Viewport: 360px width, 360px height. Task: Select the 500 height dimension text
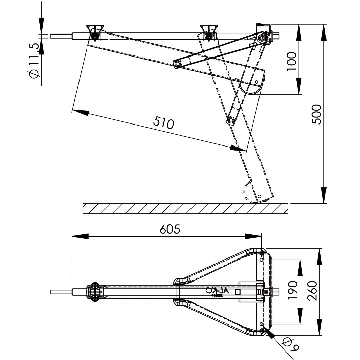pyautogui.click(x=317, y=114)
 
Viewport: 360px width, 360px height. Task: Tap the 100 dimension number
pyautogui.click(x=291, y=61)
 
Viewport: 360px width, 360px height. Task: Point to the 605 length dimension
pyautogui.click(x=170, y=229)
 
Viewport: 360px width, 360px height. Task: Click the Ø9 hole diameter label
pyautogui.click(x=291, y=345)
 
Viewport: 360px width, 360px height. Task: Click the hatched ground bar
pyautogui.click(x=186, y=208)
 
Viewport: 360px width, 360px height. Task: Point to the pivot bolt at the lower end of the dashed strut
pyautogui.click(x=231, y=120)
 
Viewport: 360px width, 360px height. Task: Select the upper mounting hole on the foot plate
pyautogui.click(x=261, y=260)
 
